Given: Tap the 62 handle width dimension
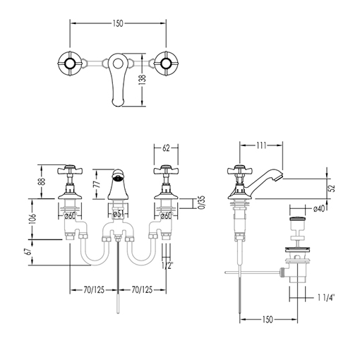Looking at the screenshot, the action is pos(166,148).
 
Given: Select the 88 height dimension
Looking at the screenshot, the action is pos(42,181).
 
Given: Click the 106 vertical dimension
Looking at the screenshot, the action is pos(32,219).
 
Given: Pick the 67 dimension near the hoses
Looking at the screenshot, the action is pos(29,252).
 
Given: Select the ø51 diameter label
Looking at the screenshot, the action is pos(118,214).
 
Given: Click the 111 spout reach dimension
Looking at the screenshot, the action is pos(261,145).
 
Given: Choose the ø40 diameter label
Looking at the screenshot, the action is pos(319,208).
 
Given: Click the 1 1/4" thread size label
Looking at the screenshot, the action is pos(326,298).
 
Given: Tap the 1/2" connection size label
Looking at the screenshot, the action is pos(167,265).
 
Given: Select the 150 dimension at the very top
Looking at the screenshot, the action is pos(118,23).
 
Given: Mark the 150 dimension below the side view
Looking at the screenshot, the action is pos(267,319).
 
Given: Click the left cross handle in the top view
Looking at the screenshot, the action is pos(70,64).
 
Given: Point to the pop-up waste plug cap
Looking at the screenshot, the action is pos(297,220).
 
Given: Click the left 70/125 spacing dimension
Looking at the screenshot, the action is pos(94,290).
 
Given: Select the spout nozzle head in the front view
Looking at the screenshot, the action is pos(118,175).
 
